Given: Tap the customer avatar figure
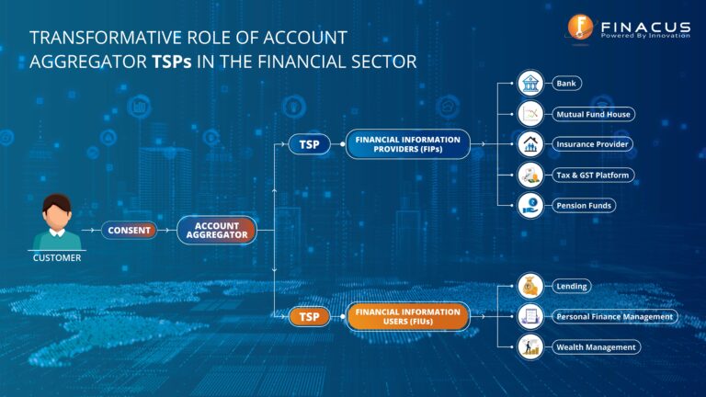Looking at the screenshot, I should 57,221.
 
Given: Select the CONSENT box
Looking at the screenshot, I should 129,231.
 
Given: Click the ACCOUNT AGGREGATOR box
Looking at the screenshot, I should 217,230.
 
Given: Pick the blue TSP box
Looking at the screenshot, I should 310,144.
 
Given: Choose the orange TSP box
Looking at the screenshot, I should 310,316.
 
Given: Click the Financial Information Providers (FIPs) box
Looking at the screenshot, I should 408,144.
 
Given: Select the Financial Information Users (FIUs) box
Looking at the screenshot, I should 408,316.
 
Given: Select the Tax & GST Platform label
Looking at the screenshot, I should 594,175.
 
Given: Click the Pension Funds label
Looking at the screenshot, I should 584,205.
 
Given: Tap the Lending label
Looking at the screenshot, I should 572,287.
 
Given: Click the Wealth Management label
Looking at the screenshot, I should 596,347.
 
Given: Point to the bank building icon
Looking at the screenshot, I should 529,85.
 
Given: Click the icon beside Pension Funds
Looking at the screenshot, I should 529,205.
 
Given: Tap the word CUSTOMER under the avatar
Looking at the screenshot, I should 57,258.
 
